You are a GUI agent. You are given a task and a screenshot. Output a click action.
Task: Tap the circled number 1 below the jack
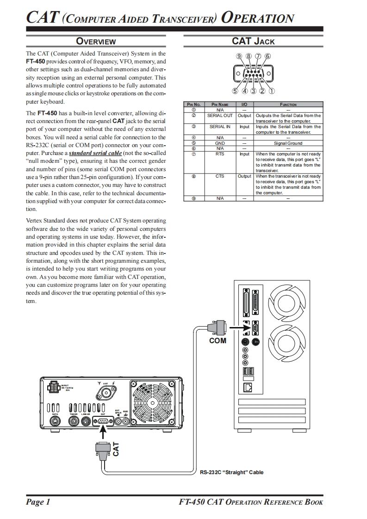click(272, 91)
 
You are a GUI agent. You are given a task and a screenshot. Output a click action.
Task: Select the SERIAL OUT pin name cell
click(220, 115)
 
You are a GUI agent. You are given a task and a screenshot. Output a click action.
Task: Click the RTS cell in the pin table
click(220, 154)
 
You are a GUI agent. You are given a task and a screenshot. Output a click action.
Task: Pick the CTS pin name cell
click(220, 176)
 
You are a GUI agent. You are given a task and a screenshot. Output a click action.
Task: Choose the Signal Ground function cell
click(288, 143)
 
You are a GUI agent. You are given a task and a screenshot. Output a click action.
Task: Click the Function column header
click(288, 105)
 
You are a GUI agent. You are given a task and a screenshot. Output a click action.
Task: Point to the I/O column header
click(244, 105)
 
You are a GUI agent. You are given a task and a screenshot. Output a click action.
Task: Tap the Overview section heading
click(96, 42)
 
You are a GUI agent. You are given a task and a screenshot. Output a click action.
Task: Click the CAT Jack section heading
click(253, 41)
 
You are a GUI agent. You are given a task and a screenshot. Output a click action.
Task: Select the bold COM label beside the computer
click(218, 341)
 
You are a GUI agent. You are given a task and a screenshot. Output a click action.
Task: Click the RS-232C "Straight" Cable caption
click(231, 472)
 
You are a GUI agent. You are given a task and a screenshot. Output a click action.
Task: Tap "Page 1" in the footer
click(38, 502)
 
